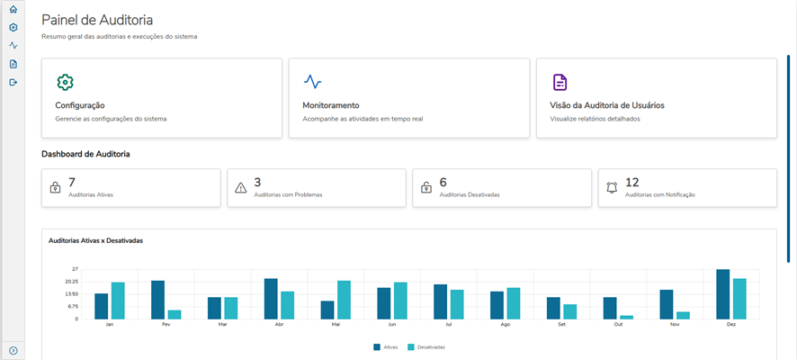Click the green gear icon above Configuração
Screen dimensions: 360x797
65,82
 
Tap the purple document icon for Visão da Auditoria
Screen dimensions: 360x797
560,82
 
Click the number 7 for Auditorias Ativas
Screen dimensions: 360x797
72,182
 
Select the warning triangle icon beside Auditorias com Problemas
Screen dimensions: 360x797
240,188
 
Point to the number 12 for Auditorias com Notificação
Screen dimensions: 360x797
631,182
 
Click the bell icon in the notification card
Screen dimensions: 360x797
612,188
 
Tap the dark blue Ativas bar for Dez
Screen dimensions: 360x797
722,294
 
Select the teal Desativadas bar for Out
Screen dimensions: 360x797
625,317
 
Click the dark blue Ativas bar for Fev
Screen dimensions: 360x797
157,300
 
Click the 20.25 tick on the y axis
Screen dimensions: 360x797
71,282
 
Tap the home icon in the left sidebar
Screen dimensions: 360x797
13,9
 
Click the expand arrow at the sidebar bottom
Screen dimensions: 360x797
13,350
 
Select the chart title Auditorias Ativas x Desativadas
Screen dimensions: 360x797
95,241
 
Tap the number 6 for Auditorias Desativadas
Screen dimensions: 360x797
443,182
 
